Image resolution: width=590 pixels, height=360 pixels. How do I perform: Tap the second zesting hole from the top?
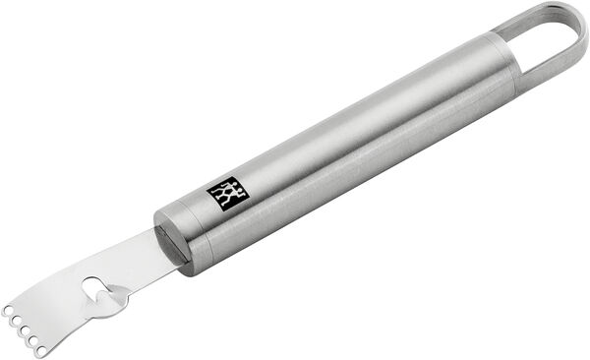[17, 319]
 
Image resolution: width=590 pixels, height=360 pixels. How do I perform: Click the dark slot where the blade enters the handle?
[170, 242]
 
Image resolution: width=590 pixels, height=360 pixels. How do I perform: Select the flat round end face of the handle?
[177, 240]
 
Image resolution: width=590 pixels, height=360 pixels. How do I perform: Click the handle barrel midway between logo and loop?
[374, 128]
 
